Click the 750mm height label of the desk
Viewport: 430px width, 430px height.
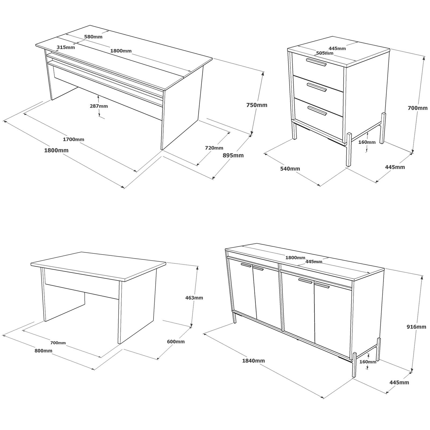coord(257,105)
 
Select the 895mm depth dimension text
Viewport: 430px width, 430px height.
coord(233,155)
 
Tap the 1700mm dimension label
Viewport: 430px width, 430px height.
coord(73,139)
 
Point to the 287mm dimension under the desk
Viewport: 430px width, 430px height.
coord(99,106)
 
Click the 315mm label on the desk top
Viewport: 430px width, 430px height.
coord(66,47)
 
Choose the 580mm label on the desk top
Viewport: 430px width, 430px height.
coord(93,37)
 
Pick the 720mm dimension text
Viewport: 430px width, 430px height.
coord(214,148)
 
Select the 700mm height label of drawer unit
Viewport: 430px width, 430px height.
coord(417,108)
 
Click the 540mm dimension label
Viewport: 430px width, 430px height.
coord(290,169)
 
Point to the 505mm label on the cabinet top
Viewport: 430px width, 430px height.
coord(325,53)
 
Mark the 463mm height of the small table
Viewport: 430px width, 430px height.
coord(194,298)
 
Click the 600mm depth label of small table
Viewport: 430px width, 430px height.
coord(176,342)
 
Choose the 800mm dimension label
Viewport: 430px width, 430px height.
coord(43,351)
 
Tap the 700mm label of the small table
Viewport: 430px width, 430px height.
coord(58,343)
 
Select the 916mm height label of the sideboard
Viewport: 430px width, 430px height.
coord(416,327)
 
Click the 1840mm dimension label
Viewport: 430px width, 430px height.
coord(253,361)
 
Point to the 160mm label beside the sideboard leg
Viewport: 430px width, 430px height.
coord(368,362)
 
